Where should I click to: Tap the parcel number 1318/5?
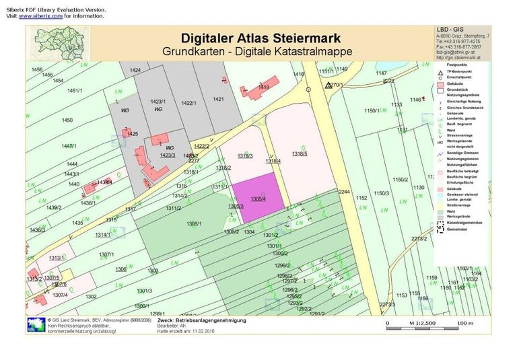point(300,154)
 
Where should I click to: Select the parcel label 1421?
point(218,99)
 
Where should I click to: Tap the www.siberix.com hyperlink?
point(44,16)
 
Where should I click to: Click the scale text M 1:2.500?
point(421,324)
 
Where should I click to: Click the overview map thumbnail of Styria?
point(61,43)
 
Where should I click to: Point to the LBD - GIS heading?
point(452,28)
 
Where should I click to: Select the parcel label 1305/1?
point(194,223)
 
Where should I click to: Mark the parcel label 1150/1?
point(373,110)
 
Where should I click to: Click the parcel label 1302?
point(92,296)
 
